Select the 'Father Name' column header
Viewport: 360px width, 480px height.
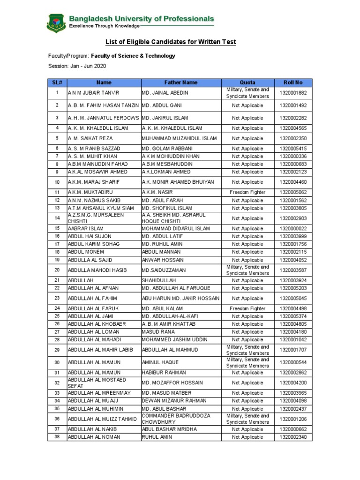pos(180,82)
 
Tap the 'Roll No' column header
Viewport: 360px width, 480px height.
pos(293,82)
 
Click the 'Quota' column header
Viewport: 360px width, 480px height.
pos(247,82)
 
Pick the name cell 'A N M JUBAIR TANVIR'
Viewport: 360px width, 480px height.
pos(94,93)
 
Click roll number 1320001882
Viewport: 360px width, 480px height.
pos(293,93)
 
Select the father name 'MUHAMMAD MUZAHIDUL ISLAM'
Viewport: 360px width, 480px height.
pos(179,138)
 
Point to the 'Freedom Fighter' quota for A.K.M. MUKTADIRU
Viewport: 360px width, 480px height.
pos(247,192)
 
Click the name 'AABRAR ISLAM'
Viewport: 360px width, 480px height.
pos(83,228)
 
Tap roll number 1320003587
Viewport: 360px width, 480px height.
pos(293,270)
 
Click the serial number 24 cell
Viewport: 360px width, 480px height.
pos(57,308)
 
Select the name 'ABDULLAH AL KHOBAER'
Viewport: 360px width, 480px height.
pos(97,324)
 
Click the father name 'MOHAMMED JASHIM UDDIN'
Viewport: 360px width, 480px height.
pos(176,339)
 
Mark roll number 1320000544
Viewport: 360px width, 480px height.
pos(293,362)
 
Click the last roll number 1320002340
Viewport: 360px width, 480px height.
pos(293,437)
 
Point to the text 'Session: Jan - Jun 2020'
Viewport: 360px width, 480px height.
pos(77,66)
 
